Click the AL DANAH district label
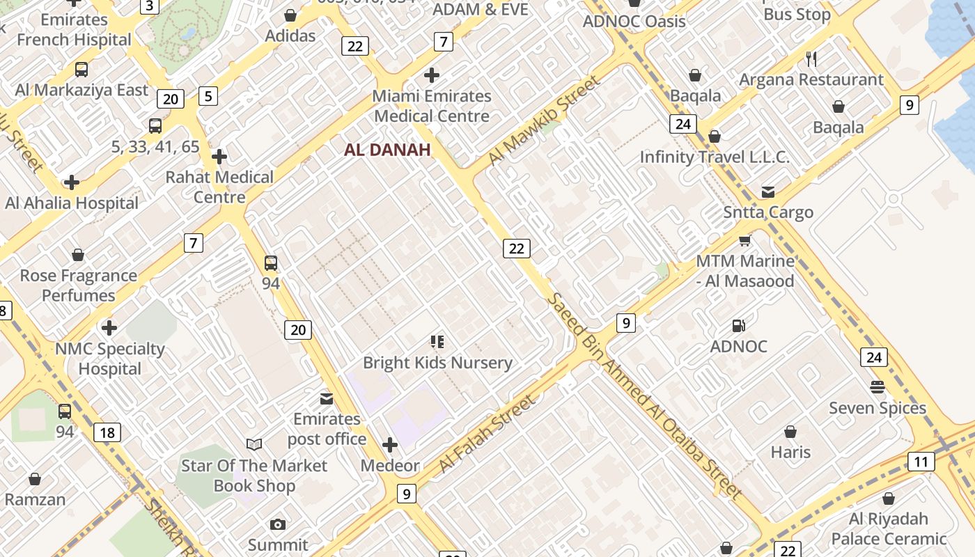(387, 150)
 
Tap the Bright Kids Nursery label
(437, 363)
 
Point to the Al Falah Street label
(488, 433)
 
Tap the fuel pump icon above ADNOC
(738, 326)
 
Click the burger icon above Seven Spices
(877, 386)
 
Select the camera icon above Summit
(278, 524)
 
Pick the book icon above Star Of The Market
(254, 444)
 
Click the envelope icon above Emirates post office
(326, 398)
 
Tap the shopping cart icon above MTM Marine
(744, 241)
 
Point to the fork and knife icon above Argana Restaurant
(811, 58)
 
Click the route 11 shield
(921, 461)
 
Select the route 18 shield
(107, 432)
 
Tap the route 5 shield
(208, 95)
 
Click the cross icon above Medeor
(390, 444)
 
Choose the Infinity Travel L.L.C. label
(715, 157)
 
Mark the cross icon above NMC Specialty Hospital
(109, 327)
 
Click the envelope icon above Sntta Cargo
(767, 191)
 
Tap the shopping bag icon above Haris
(790, 432)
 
